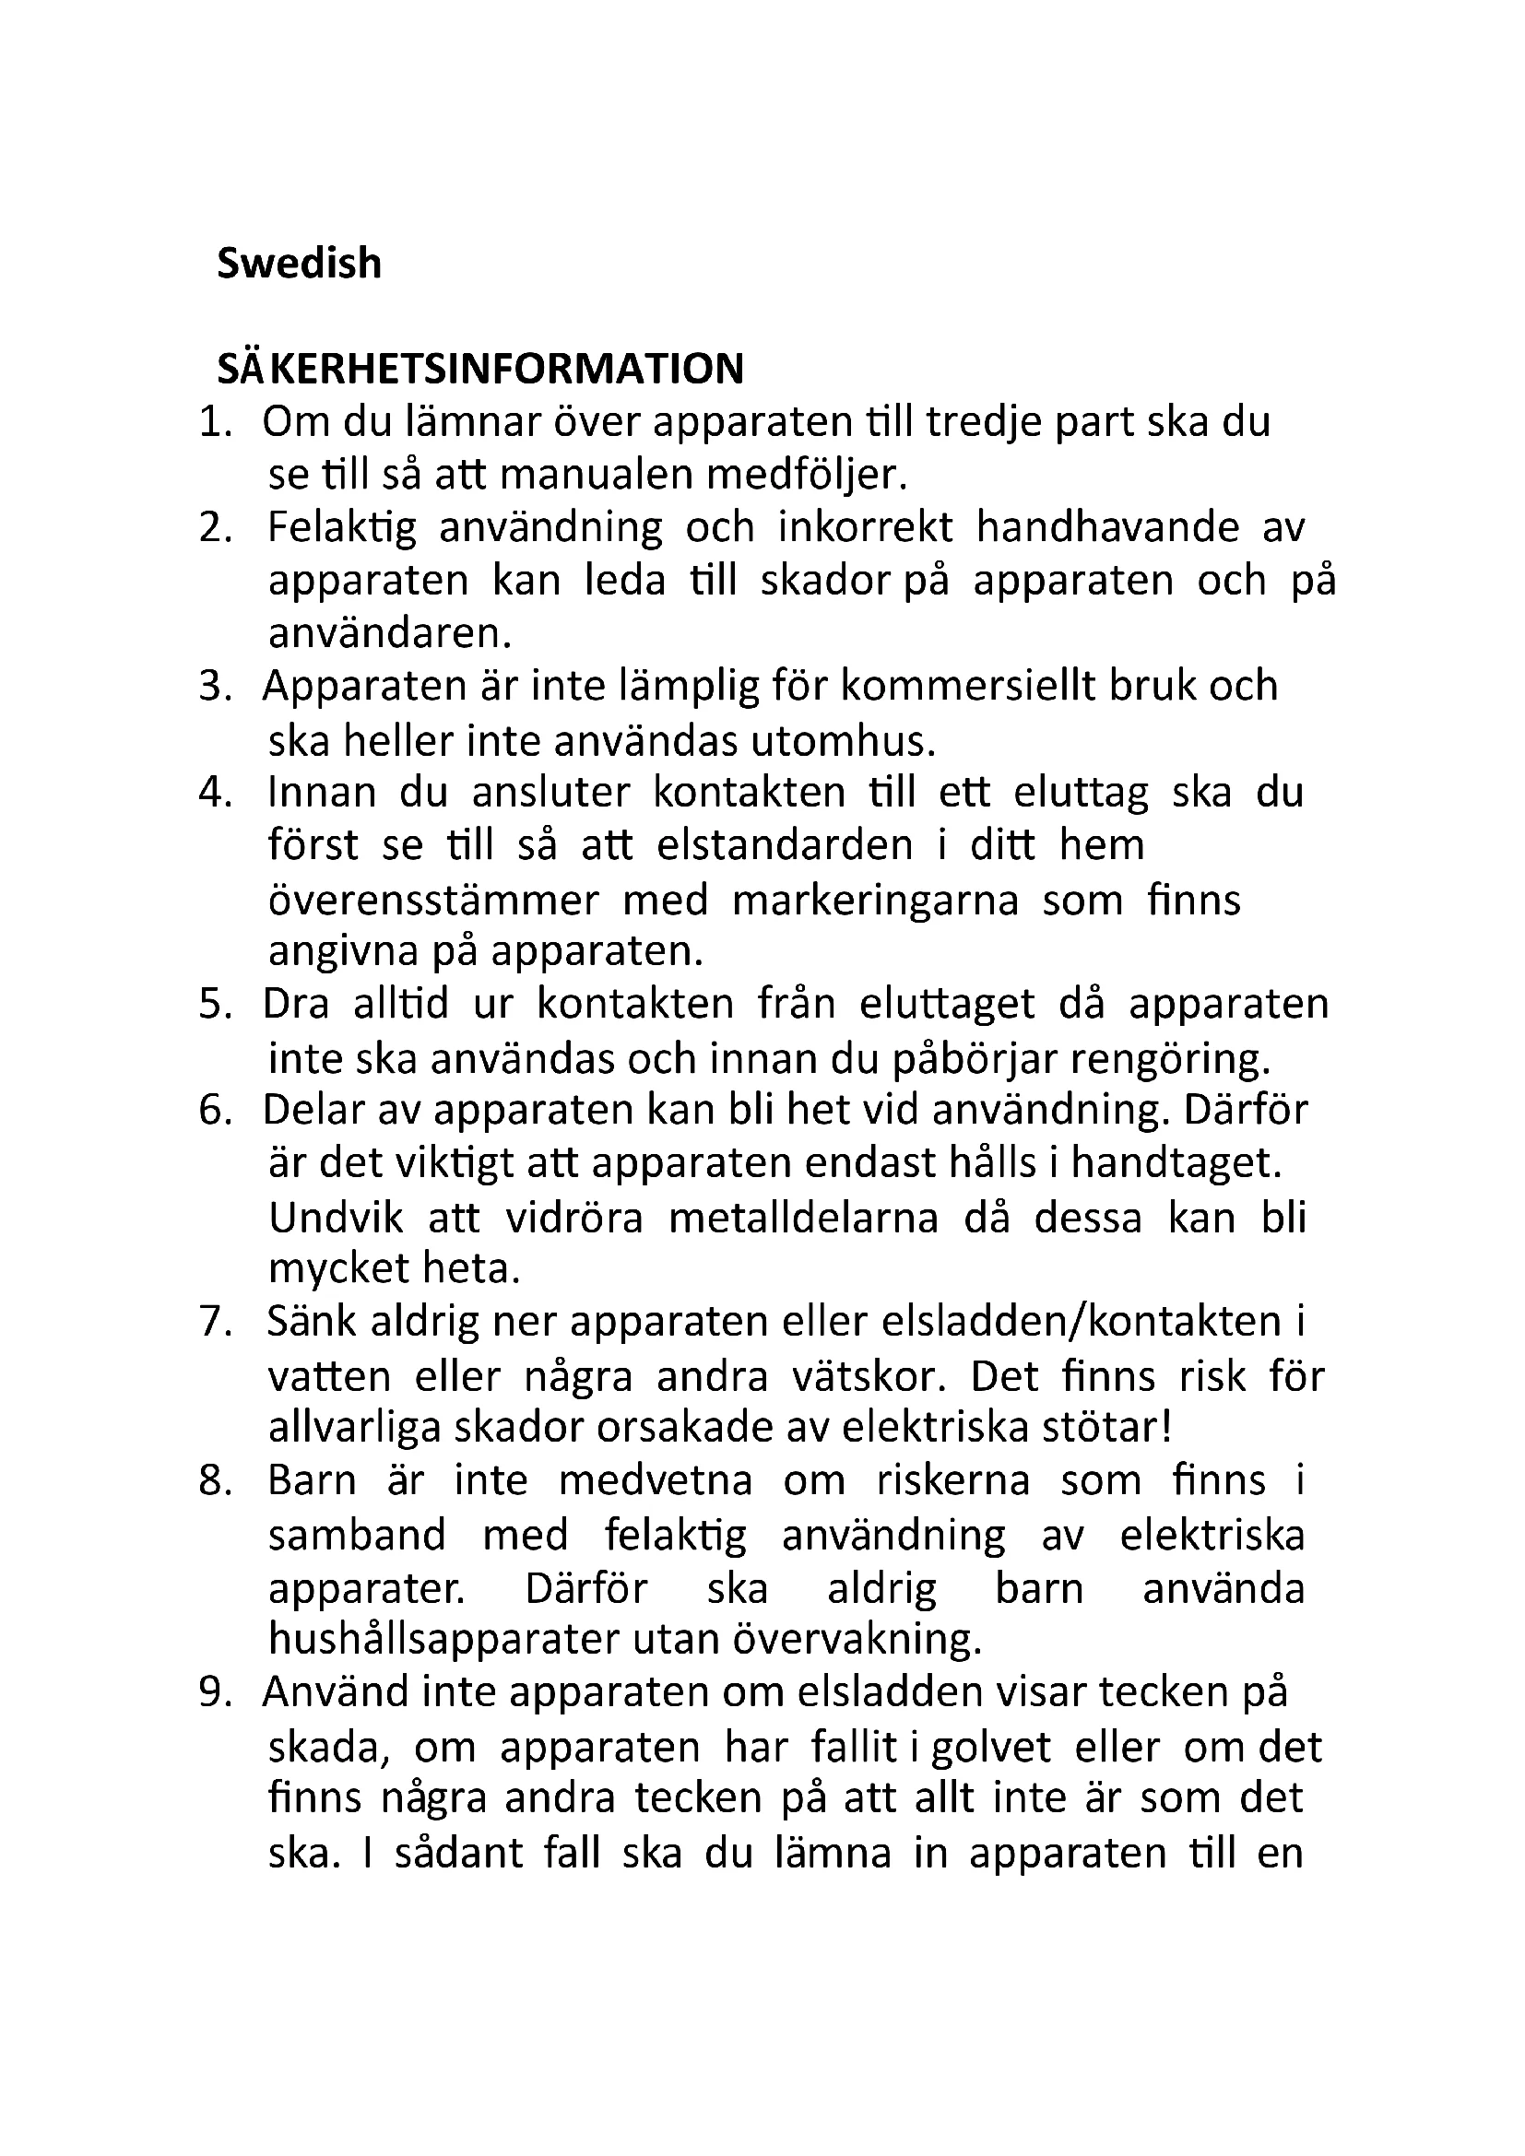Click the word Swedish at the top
click(x=299, y=264)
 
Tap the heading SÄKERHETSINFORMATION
click(x=479, y=369)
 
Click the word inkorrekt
click(x=865, y=528)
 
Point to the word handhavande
click(x=1108, y=528)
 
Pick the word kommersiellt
click(x=967, y=687)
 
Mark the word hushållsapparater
click(x=444, y=1640)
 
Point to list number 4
click(x=215, y=793)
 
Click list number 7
click(x=215, y=1322)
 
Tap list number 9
click(x=215, y=1692)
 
